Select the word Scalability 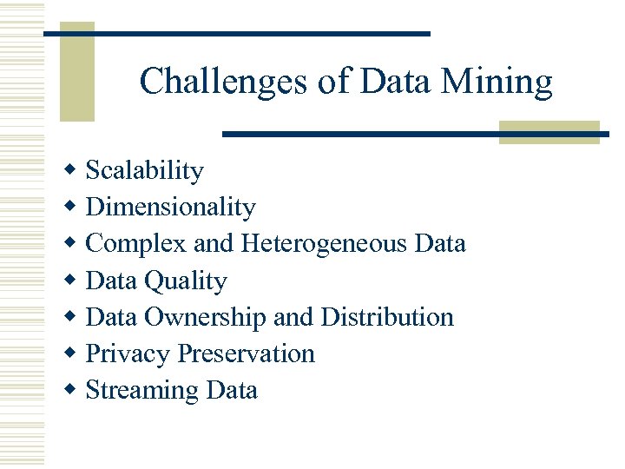click(145, 171)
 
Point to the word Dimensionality click(171, 208)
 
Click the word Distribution click(387, 317)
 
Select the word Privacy click(128, 354)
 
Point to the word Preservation click(247, 353)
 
